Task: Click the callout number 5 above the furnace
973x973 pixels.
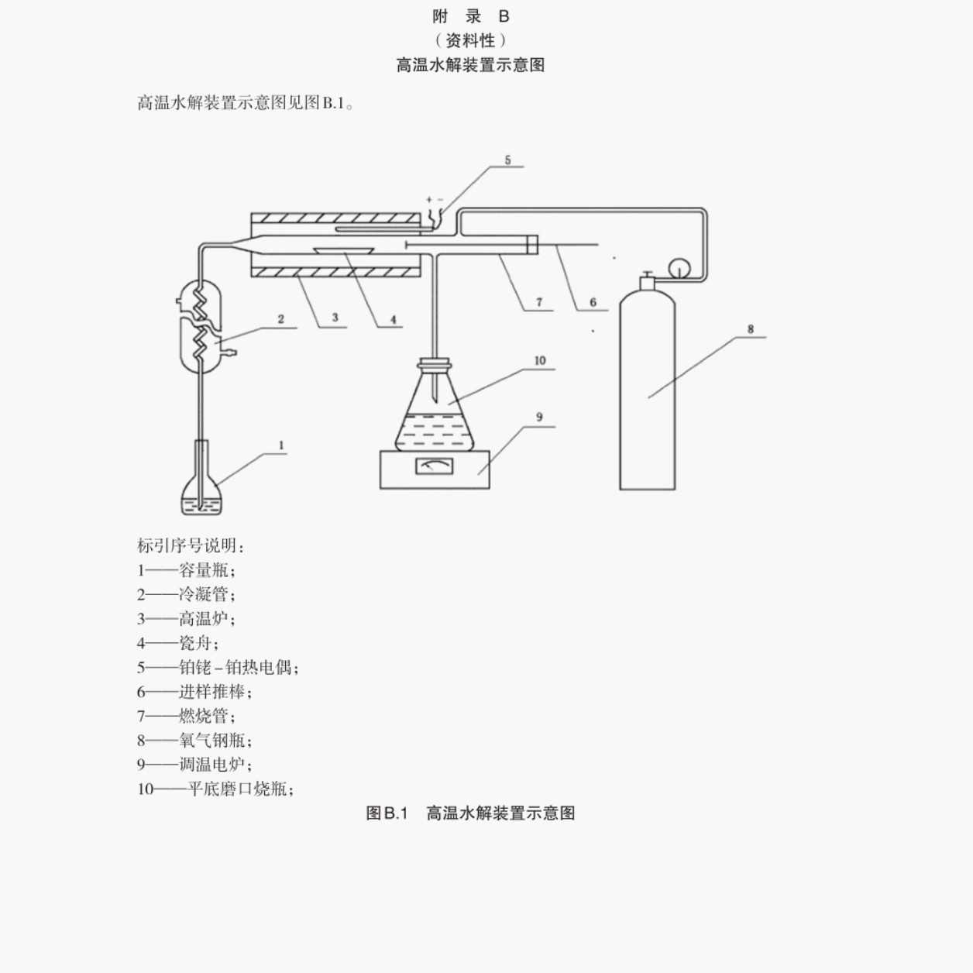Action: pyautogui.click(x=507, y=160)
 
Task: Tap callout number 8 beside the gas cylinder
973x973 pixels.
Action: pyautogui.click(x=751, y=329)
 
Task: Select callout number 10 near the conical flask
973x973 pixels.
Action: pyautogui.click(x=540, y=360)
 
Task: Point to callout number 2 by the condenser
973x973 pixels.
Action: pyautogui.click(x=280, y=319)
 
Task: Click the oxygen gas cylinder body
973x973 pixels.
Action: pyautogui.click(x=648, y=389)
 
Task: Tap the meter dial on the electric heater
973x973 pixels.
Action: pyautogui.click(x=435, y=466)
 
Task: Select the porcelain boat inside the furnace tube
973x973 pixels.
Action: pyautogui.click(x=343, y=250)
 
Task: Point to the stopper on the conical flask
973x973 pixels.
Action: pyautogui.click(x=435, y=363)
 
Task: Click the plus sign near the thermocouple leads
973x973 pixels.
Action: pyautogui.click(x=428, y=200)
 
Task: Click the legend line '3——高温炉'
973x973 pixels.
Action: pyautogui.click(x=186, y=618)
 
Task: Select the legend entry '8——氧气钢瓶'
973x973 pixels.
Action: pyautogui.click(x=194, y=741)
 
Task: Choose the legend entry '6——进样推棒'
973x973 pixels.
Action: pyautogui.click(x=194, y=692)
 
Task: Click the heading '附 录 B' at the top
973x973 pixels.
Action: pyautogui.click(x=471, y=17)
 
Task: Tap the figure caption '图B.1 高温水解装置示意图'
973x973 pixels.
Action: pyautogui.click(x=470, y=813)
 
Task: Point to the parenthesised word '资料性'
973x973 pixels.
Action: pyautogui.click(x=470, y=40)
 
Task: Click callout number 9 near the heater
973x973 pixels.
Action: pyautogui.click(x=539, y=417)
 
